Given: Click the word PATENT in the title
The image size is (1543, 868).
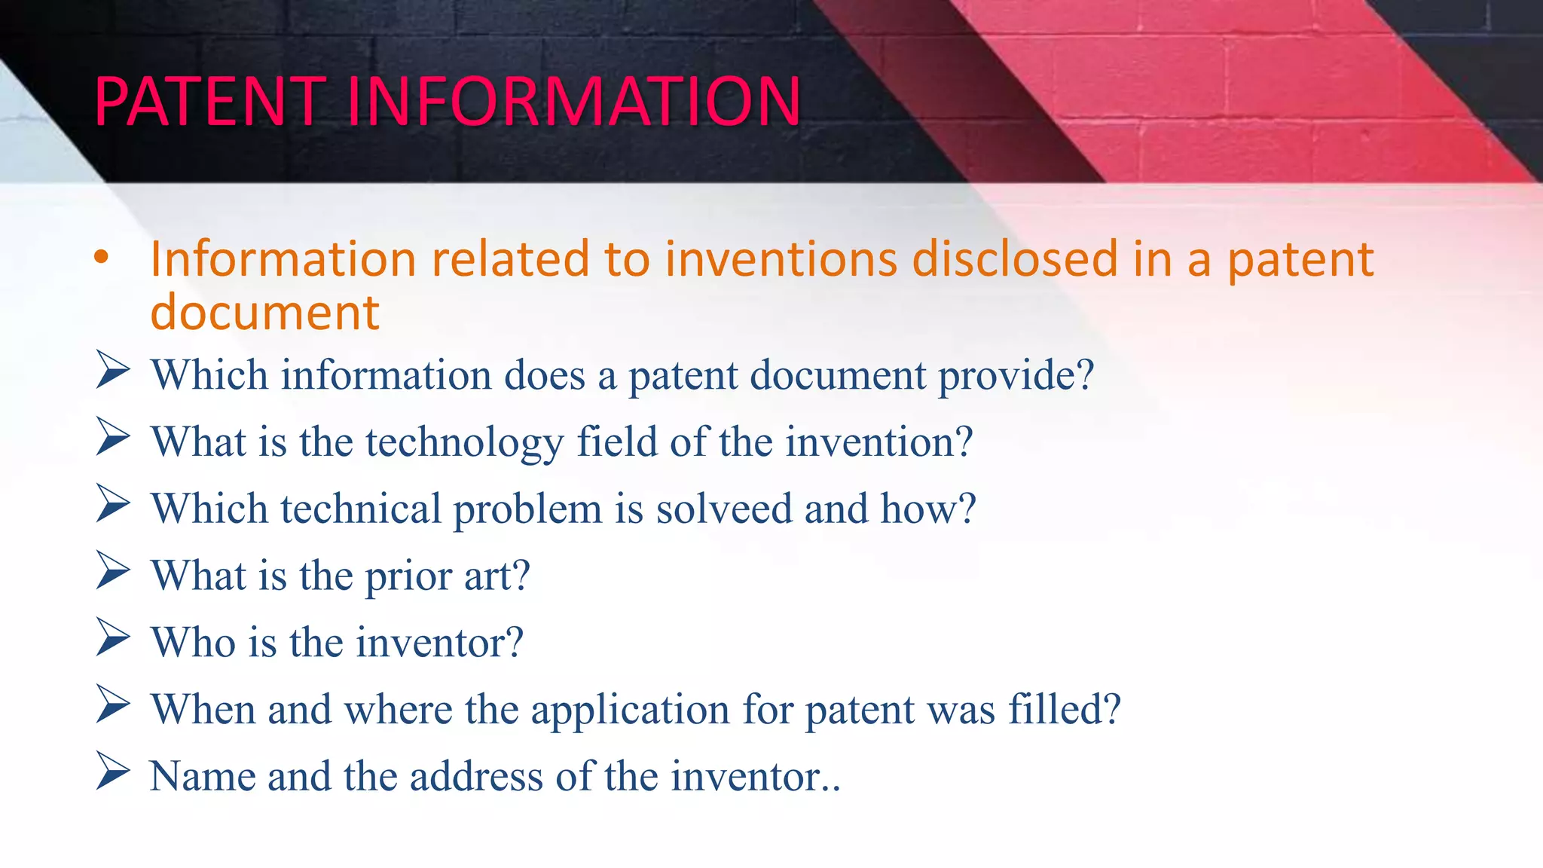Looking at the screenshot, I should click(x=209, y=102).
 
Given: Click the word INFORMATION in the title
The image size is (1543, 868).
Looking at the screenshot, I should click(x=574, y=102).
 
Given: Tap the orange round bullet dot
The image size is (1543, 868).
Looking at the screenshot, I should click(x=102, y=258).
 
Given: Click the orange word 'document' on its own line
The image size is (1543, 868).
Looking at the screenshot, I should click(x=264, y=313).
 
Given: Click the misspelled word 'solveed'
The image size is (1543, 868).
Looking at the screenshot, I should click(x=724, y=509).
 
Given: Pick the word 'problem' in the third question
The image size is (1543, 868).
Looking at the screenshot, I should click(x=527, y=510).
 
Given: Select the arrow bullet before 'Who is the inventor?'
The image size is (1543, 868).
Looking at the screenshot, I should click(x=113, y=638).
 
